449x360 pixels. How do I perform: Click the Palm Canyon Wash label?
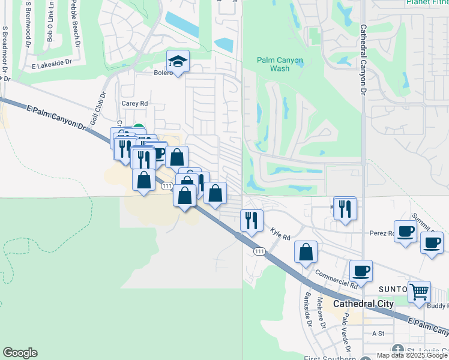[x=280, y=64]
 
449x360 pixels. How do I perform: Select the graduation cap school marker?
[x=178, y=62]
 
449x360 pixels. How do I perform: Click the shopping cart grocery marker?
[x=419, y=292]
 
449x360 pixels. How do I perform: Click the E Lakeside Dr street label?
[x=52, y=62]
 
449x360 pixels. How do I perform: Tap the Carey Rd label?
[x=134, y=103]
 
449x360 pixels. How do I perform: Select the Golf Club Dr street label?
[x=97, y=109]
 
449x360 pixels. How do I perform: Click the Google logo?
[x=20, y=353]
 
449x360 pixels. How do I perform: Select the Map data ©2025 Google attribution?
[x=412, y=355]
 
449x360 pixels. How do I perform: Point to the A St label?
[x=378, y=333]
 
